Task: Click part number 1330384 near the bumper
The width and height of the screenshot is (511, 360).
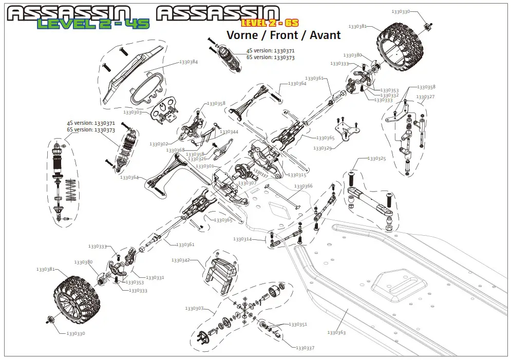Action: tap(188, 62)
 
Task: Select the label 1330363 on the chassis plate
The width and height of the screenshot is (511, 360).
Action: tap(336, 333)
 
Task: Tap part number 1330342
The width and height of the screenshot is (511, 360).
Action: tap(181, 260)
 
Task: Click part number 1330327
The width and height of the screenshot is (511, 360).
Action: tap(425, 97)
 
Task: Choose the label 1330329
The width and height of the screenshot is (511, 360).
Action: tap(323, 148)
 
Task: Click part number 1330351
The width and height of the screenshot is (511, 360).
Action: tap(298, 325)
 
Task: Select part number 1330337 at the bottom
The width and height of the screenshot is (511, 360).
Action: tap(305, 348)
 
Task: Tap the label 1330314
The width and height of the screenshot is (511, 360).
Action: tap(242, 239)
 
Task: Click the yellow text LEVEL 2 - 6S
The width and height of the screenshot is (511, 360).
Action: tap(270, 23)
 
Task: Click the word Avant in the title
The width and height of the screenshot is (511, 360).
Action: tap(324, 35)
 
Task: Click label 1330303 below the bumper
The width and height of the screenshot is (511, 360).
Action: tap(133, 112)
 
